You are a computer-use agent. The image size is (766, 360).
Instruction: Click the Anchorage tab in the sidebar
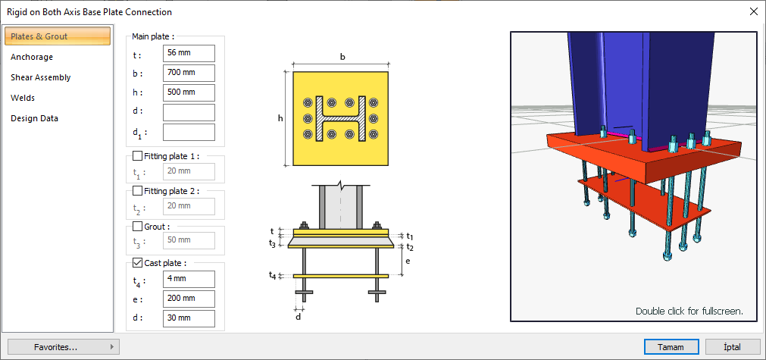[x=32, y=57]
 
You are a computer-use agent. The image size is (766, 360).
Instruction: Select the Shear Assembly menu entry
[x=41, y=77]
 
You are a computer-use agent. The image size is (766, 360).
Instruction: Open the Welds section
[x=23, y=99]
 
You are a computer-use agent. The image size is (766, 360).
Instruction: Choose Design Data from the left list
[x=34, y=119]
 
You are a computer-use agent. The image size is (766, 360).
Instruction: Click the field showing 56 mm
[x=189, y=54]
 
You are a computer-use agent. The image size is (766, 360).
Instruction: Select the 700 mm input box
[x=189, y=74]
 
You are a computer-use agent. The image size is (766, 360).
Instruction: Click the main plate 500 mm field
[x=189, y=92]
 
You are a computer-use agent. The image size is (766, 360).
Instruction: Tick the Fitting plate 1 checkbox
[x=138, y=156]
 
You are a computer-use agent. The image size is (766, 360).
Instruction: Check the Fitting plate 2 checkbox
[x=138, y=191]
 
